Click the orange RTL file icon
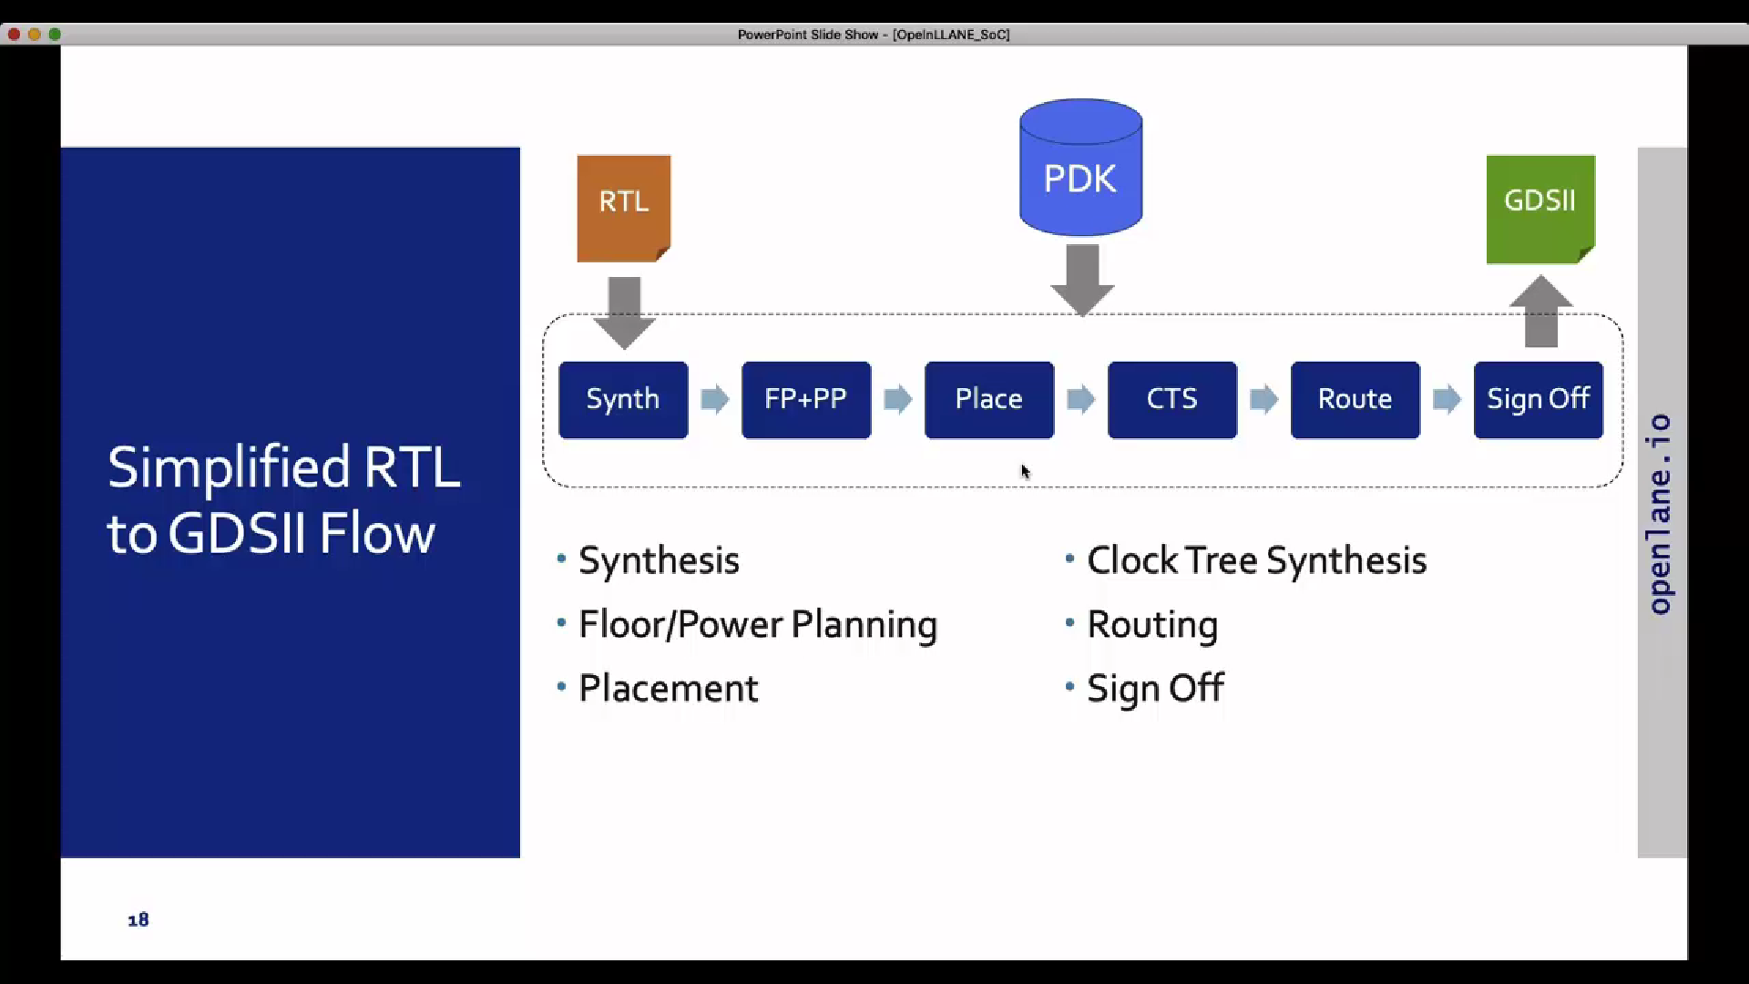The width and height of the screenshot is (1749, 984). point(624,208)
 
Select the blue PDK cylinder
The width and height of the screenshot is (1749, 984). point(1080,169)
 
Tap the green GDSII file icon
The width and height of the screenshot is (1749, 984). point(1540,208)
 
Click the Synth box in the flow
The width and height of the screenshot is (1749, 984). point(623,400)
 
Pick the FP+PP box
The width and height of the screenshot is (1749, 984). point(806,400)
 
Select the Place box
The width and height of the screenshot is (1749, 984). point(989,400)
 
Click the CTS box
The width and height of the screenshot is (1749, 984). point(1172,400)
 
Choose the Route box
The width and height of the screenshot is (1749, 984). point(1355,400)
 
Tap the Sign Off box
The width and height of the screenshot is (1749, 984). point(1539,400)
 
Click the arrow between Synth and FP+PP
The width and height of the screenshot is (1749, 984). point(715,399)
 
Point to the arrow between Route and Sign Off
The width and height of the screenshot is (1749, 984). point(1447,399)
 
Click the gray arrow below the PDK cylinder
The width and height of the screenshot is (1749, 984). point(1082,279)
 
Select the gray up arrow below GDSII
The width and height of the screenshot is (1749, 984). point(1541,312)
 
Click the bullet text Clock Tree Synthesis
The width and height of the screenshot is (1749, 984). point(1256,560)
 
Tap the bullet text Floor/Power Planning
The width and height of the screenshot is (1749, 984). point(758,625)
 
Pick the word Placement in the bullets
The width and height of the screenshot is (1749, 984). point(668,689)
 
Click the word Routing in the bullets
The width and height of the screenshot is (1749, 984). point(1152,625)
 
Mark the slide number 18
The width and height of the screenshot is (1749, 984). point(138,920)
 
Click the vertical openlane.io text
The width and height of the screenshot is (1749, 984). point(1661,515)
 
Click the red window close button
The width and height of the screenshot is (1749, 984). point(15,35)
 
